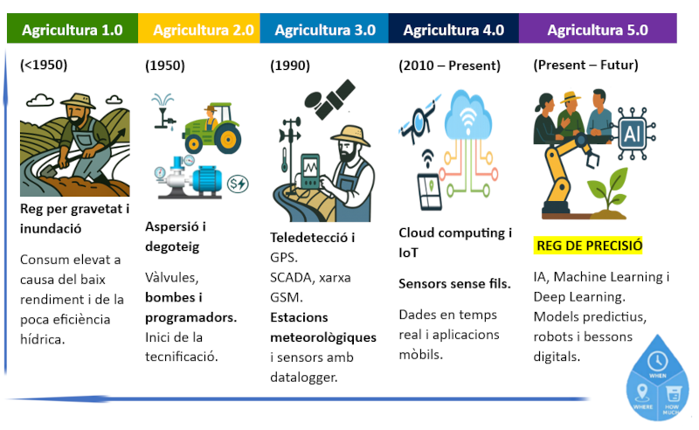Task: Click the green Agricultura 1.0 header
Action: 72,30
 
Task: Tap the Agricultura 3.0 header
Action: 325,30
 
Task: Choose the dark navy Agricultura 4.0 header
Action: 453,30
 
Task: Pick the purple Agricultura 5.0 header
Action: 598,30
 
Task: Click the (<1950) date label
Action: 44,64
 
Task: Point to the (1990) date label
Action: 290,66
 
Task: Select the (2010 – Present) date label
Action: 449,66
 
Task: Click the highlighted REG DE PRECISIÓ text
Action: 589,246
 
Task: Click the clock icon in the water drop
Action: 659,360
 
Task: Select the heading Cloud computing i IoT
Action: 455,242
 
